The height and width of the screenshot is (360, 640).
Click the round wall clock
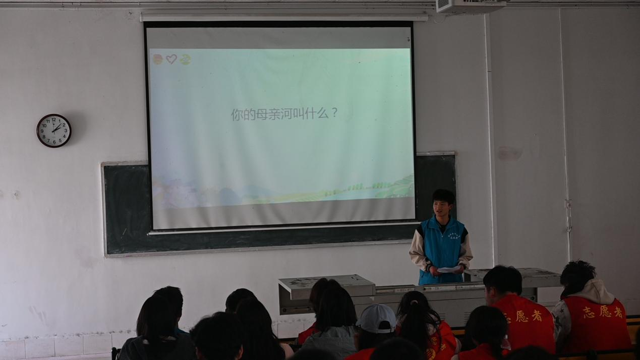click(x=54, y=131)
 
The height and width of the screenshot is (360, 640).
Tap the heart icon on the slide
click(x=171, y=59)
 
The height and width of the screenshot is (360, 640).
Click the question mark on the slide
click(x=334, y=113)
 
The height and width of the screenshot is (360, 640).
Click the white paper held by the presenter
click(x=448, y=270)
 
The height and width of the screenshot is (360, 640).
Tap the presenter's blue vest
click(x=442, y=247)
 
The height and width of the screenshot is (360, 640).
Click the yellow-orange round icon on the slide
click(x=158, y=59)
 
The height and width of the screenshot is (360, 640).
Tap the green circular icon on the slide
click(x=185, y=59)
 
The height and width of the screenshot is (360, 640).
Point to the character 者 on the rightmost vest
click(x=618, y=312)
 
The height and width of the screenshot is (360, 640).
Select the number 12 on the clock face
click(x=54, y=119)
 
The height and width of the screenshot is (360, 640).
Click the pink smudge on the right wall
click(x=509, y=154)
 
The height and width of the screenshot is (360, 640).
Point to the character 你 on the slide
click(x=237, y=114)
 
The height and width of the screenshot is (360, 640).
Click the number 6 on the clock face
click(x=54, y=142)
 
